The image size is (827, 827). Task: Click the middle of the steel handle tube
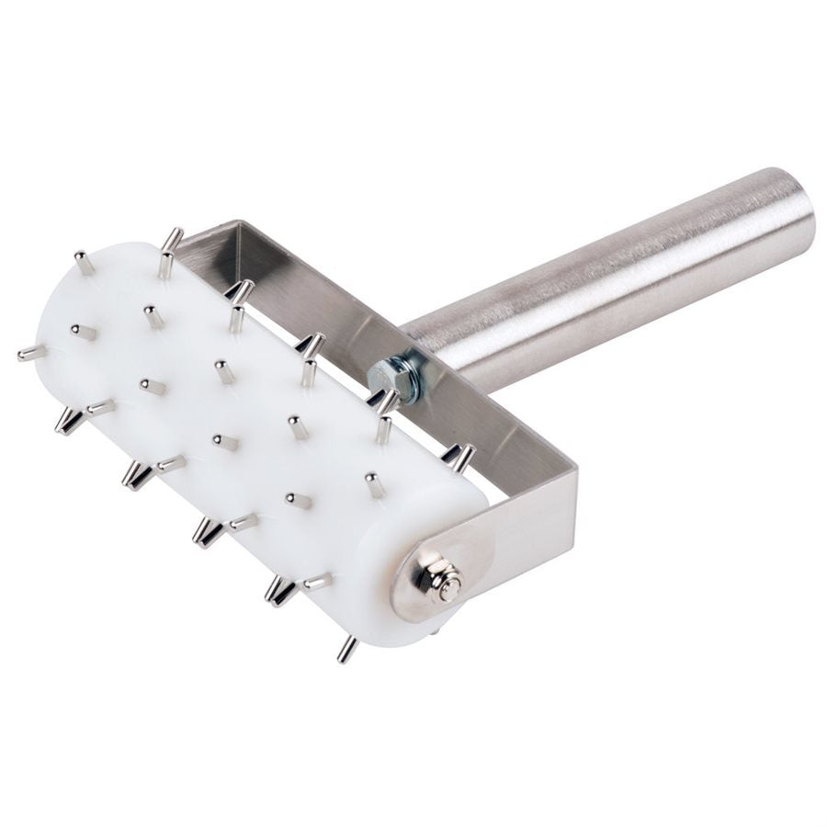tap(606, 285)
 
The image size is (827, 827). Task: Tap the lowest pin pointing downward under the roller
tap(346, 649)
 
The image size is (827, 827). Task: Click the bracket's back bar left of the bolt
tap(303, 294)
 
